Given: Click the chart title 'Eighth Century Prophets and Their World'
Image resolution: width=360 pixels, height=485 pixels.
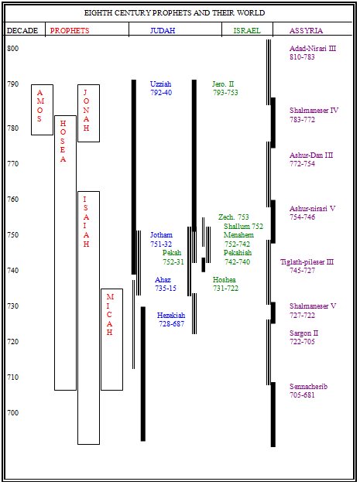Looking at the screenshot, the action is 175,13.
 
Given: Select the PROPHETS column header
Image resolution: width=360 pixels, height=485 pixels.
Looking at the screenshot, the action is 70,31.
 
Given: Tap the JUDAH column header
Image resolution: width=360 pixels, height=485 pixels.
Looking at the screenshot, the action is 163,31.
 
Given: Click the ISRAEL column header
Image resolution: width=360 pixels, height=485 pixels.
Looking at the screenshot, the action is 247,31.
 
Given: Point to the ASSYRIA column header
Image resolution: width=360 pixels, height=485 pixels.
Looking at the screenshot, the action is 306,31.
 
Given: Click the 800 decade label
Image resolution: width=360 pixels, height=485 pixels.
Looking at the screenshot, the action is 13,49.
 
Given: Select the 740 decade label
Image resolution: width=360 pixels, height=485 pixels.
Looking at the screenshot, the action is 13,270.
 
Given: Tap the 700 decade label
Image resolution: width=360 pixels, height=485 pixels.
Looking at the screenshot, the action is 13,412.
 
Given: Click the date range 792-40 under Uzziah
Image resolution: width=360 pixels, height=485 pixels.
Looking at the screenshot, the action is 161,93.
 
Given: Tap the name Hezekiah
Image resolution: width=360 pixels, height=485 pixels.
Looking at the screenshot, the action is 171,315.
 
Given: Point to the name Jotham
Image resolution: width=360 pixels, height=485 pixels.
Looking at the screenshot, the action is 161,235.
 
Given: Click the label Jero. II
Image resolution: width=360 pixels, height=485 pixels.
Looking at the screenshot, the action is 223,84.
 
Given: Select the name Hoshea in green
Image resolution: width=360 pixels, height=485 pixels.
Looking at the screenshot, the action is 224,279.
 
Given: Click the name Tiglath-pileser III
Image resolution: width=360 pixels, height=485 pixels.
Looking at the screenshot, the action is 307,262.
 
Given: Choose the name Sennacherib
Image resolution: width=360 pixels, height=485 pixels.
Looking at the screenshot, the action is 308,386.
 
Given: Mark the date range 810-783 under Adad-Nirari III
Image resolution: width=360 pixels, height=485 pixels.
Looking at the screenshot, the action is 302,57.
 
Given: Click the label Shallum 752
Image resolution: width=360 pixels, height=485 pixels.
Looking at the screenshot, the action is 244,227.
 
